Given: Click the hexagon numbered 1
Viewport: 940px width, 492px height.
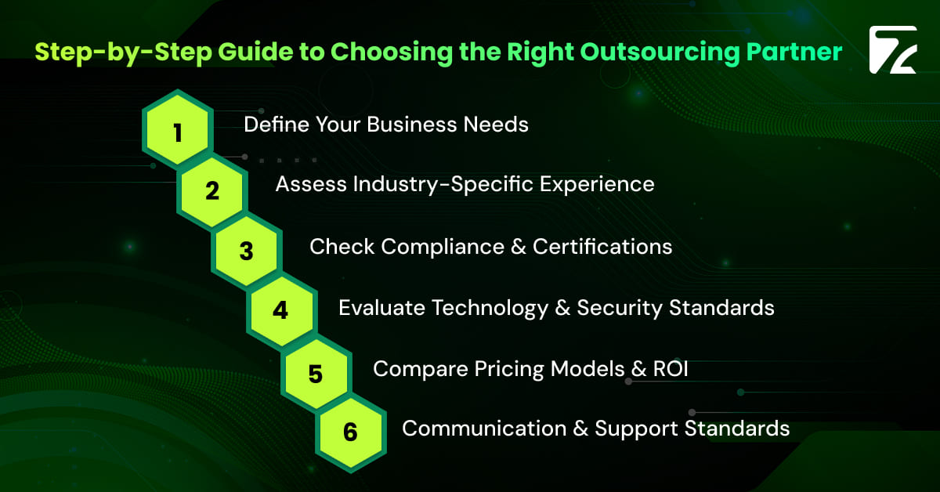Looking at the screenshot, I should click(x=177, y=131).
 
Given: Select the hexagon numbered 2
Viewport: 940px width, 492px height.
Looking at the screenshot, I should click(x=211, y=191).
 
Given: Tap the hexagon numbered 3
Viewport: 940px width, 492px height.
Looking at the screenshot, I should click(x=246, y=251).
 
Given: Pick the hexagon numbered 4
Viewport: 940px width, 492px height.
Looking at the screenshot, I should click(x=280, y=311).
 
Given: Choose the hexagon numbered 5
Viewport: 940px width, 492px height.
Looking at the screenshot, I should click(x=315, y=372).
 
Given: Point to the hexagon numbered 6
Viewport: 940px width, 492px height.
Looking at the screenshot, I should click(x=349, y=432).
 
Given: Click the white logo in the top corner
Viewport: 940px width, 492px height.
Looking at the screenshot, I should click(x=892, y=51).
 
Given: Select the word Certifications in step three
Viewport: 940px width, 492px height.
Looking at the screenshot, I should click(x=602, y=246).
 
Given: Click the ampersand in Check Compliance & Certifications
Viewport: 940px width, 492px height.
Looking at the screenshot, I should click(x=516, y=246).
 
